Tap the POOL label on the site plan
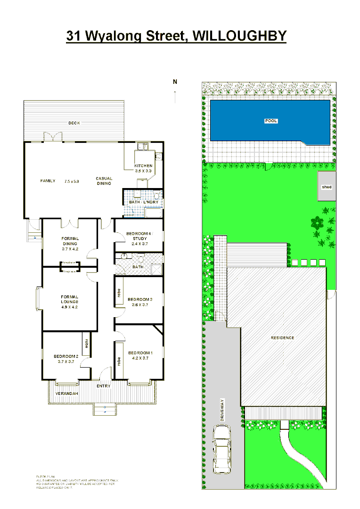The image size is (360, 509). coord(271,121)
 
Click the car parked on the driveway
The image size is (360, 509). coord(221,449)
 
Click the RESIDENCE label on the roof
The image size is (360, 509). coord(282,337)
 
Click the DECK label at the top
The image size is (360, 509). coord(74,123)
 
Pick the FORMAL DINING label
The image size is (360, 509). coord(70,241)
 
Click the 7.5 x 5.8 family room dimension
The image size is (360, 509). coord(72,181)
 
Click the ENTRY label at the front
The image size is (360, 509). coord(103,386)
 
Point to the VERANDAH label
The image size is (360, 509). coord(66,393)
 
